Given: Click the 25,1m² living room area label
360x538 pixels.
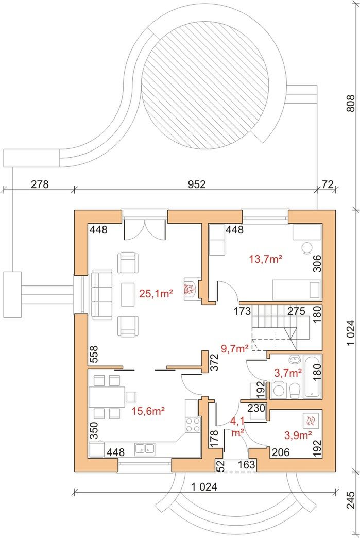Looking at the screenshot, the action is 156,293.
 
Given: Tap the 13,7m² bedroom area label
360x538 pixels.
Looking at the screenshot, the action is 266,259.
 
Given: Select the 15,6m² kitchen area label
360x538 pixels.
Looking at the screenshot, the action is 148,411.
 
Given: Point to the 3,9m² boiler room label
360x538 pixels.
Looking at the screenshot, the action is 298,435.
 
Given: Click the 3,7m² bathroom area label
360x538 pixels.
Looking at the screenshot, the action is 288,373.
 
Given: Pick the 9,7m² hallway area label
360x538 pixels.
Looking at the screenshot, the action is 235,349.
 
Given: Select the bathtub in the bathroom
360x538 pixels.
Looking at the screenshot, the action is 312,377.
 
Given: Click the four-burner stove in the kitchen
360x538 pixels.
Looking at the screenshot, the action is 192,425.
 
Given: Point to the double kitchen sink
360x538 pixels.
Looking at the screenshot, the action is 145,448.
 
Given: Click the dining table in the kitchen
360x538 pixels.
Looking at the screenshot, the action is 107,397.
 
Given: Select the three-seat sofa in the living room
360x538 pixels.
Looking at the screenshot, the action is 102,294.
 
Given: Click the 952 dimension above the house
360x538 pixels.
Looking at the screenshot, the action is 197,184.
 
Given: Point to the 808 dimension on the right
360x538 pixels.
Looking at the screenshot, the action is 350,103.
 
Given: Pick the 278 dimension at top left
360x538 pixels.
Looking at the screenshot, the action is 40,184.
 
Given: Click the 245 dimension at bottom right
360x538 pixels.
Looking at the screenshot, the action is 350,500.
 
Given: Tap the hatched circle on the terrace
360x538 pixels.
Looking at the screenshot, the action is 205,86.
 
